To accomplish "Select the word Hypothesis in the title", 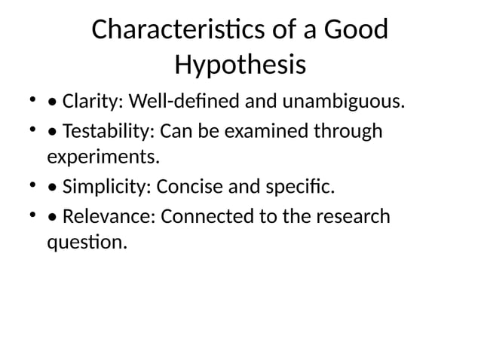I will pos(240,66).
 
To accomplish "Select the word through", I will pos(352,132).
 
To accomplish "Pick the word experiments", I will pos(104,157).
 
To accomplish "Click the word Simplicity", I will pos(106,185).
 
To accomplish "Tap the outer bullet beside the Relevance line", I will pos(32,216).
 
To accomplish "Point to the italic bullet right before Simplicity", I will pos(52,187).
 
